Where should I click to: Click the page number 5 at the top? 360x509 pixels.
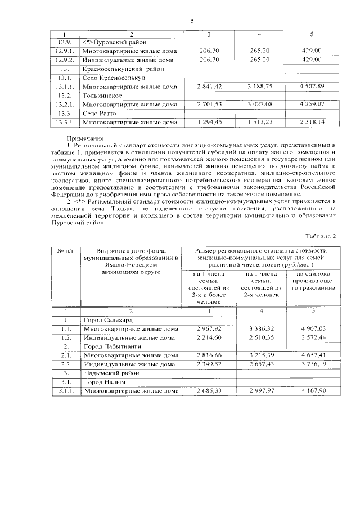coord(192,21)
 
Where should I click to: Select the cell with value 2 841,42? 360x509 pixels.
coord(209,87)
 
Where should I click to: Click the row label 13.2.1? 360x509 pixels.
coord(65,105)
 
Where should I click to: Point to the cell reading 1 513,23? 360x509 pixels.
coord(260,122)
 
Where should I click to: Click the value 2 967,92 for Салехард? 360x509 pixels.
coord(209,328)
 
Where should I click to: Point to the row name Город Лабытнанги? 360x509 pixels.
coord(111,346)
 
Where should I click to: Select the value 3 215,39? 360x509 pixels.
coord(260,355)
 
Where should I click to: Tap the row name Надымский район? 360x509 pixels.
coord(107,373)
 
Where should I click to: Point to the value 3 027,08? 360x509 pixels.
coord(260,105)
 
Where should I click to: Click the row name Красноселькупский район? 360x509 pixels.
coord(119,69)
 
